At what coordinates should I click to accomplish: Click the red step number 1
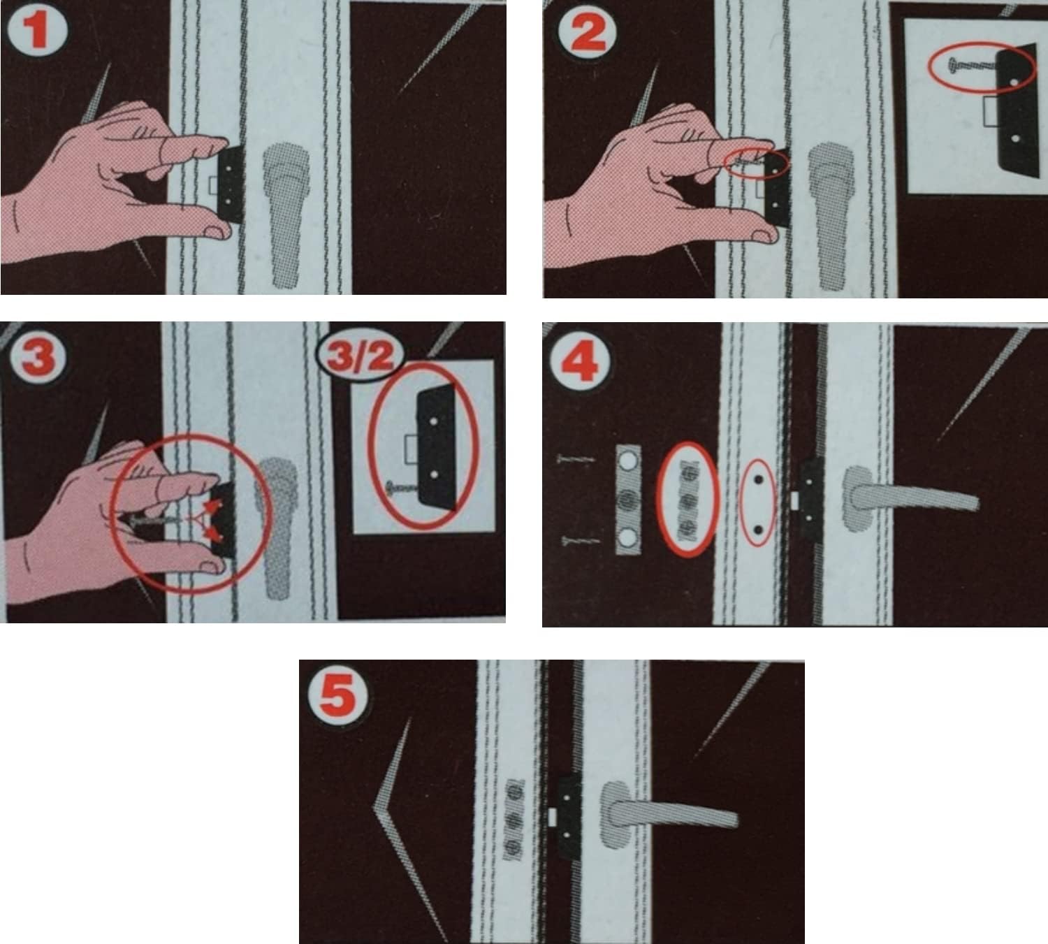pyautogui.click(x=37, y=30)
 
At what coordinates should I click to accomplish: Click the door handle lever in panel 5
pyautogui.click(x=668, y=808)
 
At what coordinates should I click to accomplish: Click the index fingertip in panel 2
pyautogui.click(x=764, y=147)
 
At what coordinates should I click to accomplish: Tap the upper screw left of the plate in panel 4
pyautogui.click(x=575, y=460)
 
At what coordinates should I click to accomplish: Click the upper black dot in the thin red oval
pyautogui.click(x=759, y=479)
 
